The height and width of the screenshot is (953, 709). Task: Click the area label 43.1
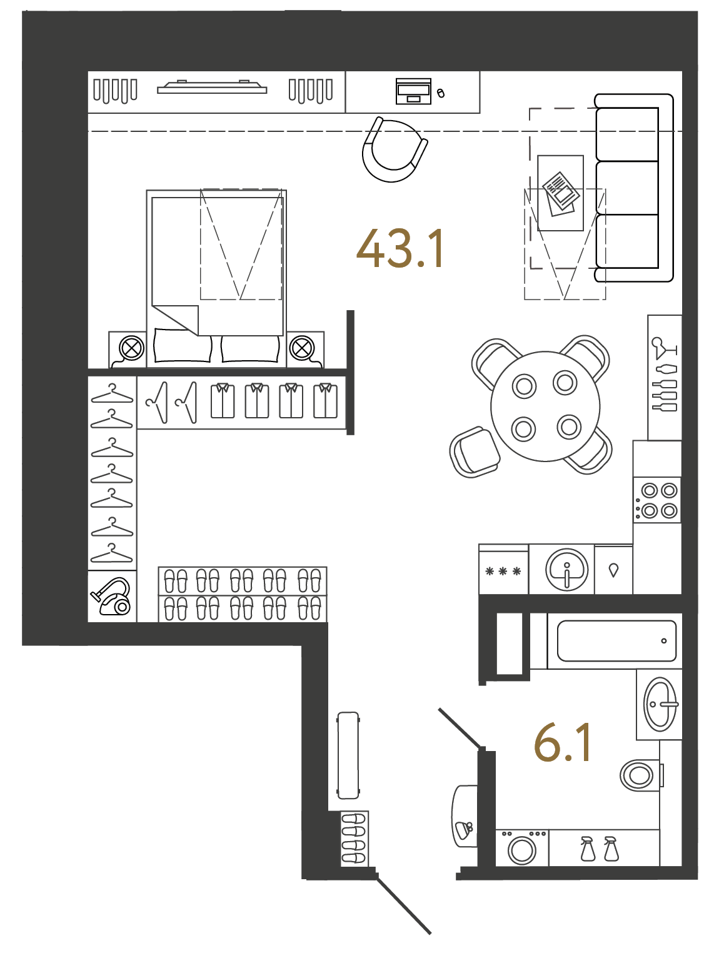click(400, 249)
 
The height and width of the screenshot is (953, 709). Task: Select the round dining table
click(545, 406)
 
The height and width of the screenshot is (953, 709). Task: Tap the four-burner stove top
click(657, 500)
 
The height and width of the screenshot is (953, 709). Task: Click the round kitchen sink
click(566, 569)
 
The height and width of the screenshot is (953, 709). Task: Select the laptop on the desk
click(413, 91)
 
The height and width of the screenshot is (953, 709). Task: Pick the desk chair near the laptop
click(395, 149)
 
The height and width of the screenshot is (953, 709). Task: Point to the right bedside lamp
click(302, 348)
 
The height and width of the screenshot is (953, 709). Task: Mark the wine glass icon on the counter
click(664, 348)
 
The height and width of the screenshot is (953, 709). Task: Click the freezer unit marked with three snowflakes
click(503, 570)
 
